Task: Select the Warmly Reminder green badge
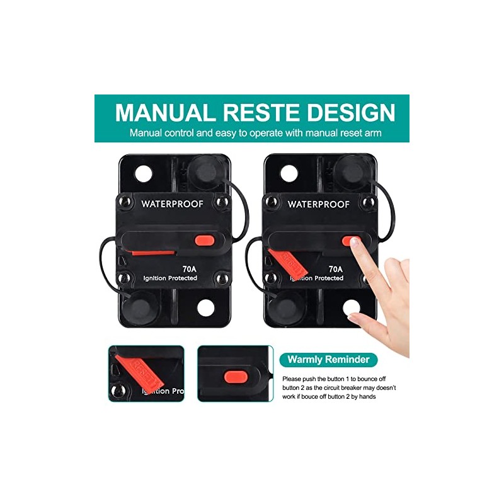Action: [x=329, y=360]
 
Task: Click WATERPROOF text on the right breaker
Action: [x=318, y=203]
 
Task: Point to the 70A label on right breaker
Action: [x=336, y=266]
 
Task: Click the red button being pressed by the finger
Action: [x=352, y=240]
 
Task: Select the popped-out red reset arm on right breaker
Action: [x=289, y=263]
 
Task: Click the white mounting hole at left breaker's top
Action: [x=144, y=173]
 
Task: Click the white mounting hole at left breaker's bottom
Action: [x=206, y=308]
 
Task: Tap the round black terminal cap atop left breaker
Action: [x=205, y=170]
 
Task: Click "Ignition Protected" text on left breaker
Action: [x=170, y=278]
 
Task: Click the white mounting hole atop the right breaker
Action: [x=289, y=173]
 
